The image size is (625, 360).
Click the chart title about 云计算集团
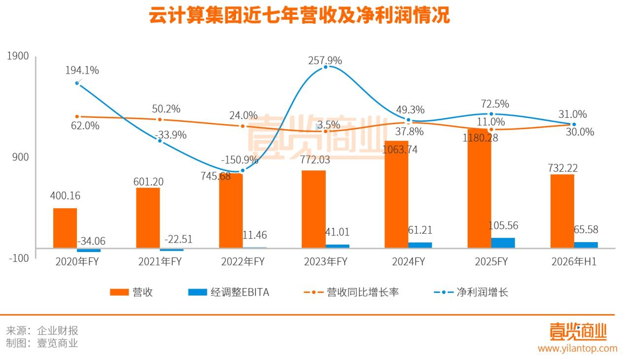pos(299,16)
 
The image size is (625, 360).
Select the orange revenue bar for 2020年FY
pos(65,228)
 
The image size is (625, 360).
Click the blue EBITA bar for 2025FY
pos(503,243)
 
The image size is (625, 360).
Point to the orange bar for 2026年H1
pos(562,211)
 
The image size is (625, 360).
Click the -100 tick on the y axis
pos(18,258)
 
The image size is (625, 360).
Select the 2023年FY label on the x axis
pos(325,262)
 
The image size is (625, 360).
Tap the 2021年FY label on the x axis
pos(160,262)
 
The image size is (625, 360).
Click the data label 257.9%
pos(325,61)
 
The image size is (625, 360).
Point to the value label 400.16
pos(65,196)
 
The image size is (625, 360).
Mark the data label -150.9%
pos(240,160)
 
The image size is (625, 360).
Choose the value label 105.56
pos(503,225)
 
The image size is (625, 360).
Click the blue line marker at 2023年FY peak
pos(325,67)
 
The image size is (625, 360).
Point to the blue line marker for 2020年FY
pos(77,83)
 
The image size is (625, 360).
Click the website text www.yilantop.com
pos(577,348)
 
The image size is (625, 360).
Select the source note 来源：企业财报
pos(42,330)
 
